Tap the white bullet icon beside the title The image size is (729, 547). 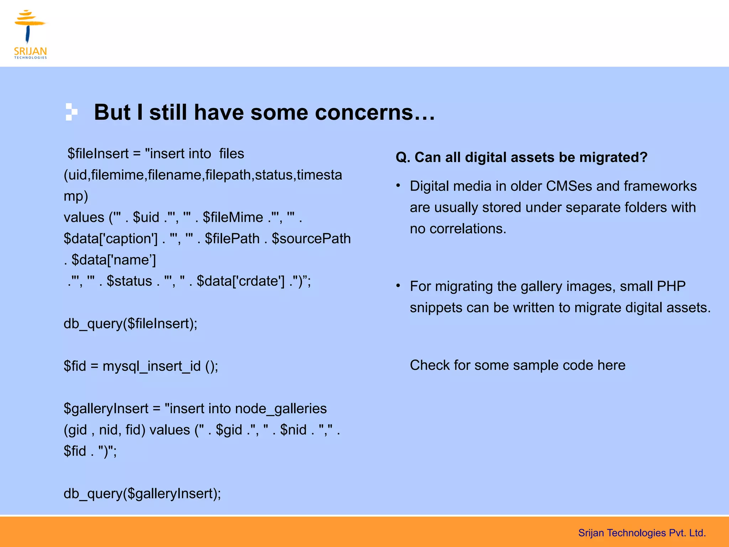click(x=71, y=112)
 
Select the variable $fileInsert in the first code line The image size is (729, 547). click(x=98, y=154)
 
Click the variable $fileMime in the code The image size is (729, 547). click(x=233, y=218)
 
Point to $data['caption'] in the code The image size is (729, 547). click(x=110, y=239)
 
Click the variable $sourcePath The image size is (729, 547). click(x=311, y=239)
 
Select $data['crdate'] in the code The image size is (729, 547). click(x=241, y=281)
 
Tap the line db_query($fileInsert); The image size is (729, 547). click(x=130, y=324)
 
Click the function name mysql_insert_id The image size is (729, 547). click(x=152, y=366)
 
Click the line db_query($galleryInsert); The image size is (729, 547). click(x=142, y=494)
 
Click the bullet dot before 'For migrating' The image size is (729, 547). click(x=398, y=286)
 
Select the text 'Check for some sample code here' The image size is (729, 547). click(x=517, y=365)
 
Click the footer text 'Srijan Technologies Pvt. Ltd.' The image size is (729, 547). click(x=642, y=533)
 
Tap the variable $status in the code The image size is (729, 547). click(x=129, y=281)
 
